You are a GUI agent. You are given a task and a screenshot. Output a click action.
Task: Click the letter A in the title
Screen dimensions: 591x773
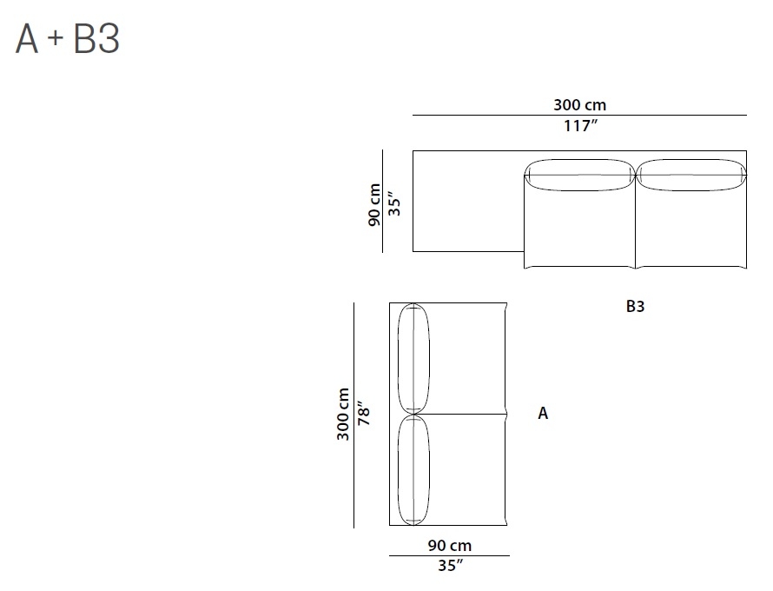pyautogui.click(x=27, y=40)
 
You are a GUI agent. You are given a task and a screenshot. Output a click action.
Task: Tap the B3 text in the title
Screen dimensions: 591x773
pyautogui.click(x=96, y=40)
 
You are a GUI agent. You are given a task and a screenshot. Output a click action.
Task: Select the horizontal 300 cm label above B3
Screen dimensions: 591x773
pyautogui.click(x=579, y=105)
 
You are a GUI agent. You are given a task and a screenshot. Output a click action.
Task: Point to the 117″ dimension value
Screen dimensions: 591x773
pyautogui.click(x=579, y=126)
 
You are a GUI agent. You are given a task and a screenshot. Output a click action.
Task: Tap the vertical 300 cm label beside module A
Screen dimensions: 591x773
pyautogui.click(x=344, y=415)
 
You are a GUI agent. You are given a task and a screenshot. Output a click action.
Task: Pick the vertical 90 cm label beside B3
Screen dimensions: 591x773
pyautogui.click(x=374, y=204)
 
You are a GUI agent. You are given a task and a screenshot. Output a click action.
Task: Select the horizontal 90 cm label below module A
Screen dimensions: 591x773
pyautogui.click(x=449, y=546)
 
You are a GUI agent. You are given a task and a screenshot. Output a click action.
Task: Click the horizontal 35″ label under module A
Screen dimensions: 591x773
pyautogui.click(x=449, y=566)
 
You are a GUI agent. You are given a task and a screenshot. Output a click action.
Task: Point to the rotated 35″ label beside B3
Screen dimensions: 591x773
pyautogui.click(x=395, y=204)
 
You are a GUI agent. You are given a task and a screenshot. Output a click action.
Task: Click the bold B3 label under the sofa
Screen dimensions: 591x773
pyautogui.click(x=635, y=307)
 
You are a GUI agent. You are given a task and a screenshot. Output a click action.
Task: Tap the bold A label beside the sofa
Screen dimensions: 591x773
pyautogui.click(x=543, y=414)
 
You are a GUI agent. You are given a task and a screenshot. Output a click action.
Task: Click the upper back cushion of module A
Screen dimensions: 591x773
pyautogui.click(x=413, y=358)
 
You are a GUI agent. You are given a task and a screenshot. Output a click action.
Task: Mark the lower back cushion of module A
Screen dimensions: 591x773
pyautogui.click(x=413, y=470)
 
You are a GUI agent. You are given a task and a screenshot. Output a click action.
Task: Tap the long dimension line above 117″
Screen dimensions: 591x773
pyautogui.click(x=579, y=115)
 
